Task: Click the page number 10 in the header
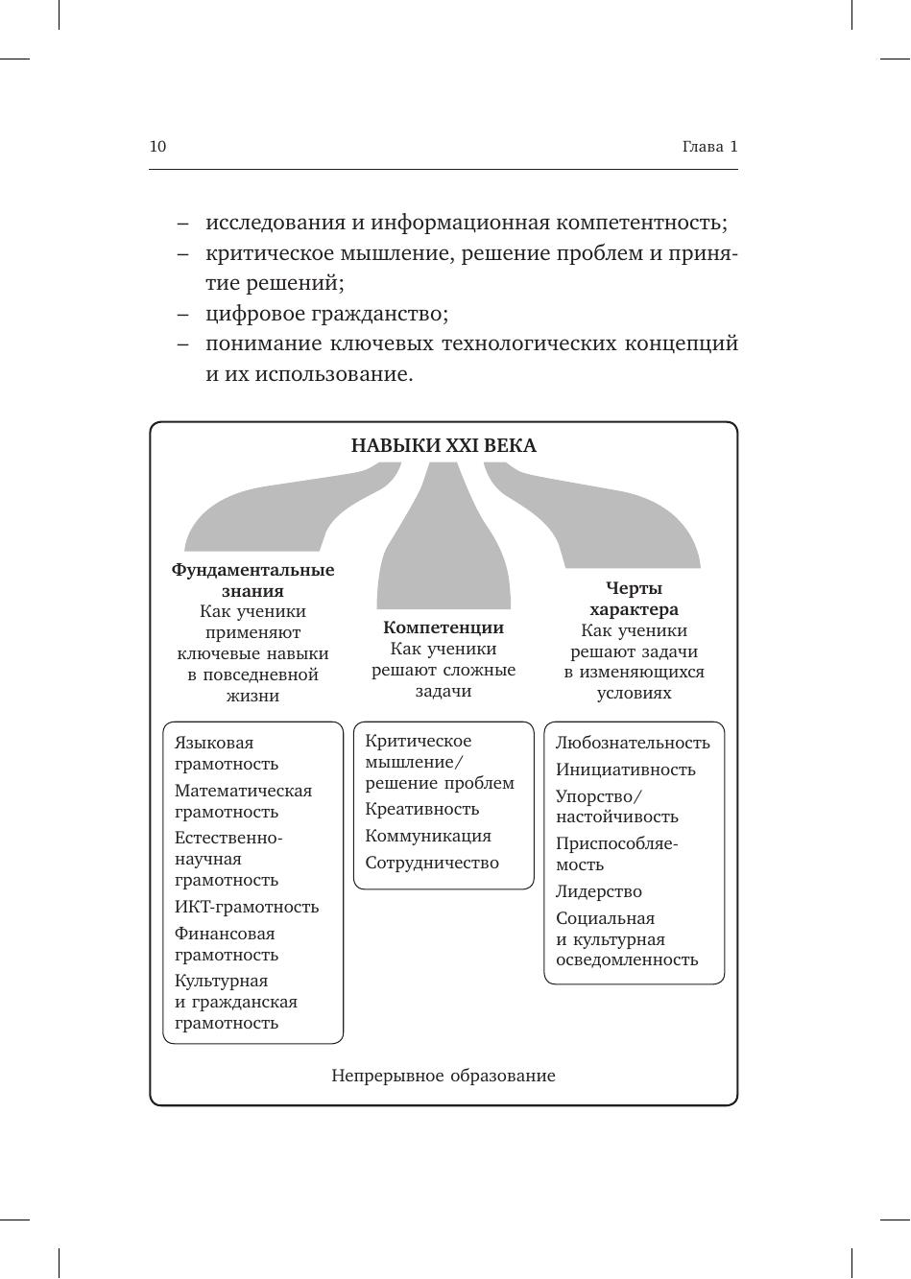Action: tap(157, 147)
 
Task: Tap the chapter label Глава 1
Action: tap(709, 147)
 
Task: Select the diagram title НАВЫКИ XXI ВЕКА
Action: tap(444, 446)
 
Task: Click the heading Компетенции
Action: tap(444, 628)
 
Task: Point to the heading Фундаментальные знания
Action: tap(252, 580)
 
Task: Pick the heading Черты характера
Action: tap(634, 599)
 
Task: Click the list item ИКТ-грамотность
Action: tap(247, 907)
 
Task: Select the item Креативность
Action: tap(421, 809)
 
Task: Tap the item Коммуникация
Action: tap(428, 836)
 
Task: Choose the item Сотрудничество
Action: tap(432, 863)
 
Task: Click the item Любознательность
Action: tap(633, 743)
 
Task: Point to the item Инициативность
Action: tap(625, 770)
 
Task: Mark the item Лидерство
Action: tap(599, 891)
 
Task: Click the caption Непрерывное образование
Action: tap(444, 1076)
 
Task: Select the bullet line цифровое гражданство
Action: tap(326, 314)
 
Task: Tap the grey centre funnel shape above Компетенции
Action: tap(444, 547)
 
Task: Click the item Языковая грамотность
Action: tap(227, 753)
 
